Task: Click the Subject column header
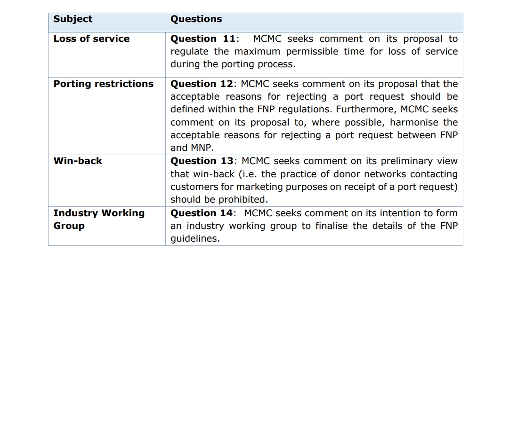pyautogui.click(x=73, y=19)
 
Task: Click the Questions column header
pyautogui.click(x=196, y=19)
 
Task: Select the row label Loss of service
pyautogui.click(x=91, y=39)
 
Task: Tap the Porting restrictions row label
pyautogui.click(x=103, y=84)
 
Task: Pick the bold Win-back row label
pyautogui.click(x=78, y=161)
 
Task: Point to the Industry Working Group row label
pyautogui.click(x=98, y=219)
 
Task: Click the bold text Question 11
pyautogui.click(x=202, y=39)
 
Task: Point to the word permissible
pyautogui.click(x=312, y=52)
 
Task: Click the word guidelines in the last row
pyautogui.click(x=194, y=239)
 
